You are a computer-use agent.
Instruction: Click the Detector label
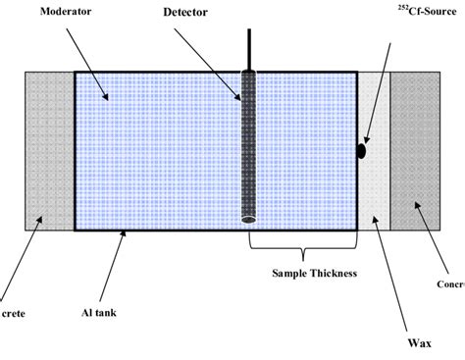click(186, 13)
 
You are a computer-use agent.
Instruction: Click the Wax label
click(419, 344)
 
